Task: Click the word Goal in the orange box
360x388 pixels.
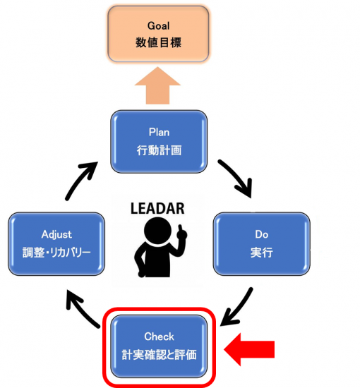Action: (x=158, y=25)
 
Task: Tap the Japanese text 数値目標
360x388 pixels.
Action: (x=158, y=42)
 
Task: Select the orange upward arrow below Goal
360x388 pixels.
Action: (x=157, y=85)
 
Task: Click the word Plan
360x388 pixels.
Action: (x=159, y=132)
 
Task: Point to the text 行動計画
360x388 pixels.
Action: (x=159, y=150)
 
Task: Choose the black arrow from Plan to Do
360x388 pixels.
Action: (x=238, y=176)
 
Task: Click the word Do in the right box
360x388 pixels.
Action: (x=261, y=234)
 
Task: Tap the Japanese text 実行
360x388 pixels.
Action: (x=261, y=253)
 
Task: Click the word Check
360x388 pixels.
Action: (x=159, y=337)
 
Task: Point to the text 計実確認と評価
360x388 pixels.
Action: (x=159, y=355)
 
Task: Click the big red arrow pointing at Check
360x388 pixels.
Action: (x=249, y=349)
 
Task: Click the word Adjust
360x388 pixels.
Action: (x=56, y=234)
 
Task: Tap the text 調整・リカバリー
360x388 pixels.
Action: (x=56, y=253)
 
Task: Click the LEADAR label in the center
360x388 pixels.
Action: (x=157, y=208)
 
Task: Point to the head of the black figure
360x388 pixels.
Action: (x=157, y=231)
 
